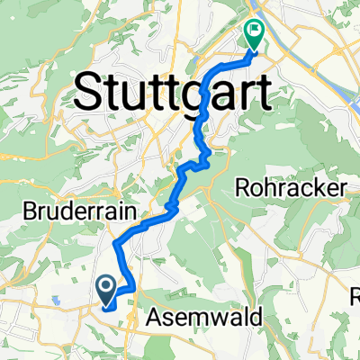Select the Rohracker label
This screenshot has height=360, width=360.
(x=291, y=188)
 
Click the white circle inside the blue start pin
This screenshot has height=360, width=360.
(x=105, y=287)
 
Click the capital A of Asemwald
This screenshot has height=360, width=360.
(x=141, y=317)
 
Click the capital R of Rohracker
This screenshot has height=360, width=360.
(x=243, y=188)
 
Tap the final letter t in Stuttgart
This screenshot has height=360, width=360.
(x=263, y=90)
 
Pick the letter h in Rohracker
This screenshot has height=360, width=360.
(x=268, y=188)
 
